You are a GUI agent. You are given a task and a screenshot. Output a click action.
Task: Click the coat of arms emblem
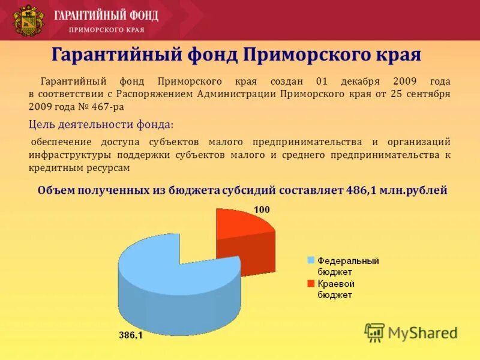click(29, 20)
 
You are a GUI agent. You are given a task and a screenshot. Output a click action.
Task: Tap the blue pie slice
click(174, 282)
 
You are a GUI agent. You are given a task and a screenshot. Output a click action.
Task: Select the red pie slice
click(243, 231)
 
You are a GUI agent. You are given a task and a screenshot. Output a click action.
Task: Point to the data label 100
click(262, 209)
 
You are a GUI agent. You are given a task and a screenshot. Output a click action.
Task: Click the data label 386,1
click(130, 336)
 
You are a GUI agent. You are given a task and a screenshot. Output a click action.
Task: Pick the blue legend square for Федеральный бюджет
click(311, 260)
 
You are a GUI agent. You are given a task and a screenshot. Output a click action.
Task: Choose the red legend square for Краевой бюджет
click(311, 283)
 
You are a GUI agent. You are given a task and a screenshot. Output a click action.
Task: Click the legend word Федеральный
click(348, 261)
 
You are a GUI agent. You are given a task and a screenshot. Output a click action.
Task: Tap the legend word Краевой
click(336, 283)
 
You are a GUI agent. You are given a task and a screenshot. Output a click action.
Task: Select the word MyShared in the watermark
click(422, 333)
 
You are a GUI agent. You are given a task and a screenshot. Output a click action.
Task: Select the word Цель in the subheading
click(42, 124)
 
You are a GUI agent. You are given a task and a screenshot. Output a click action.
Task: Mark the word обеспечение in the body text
click(61, 142)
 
